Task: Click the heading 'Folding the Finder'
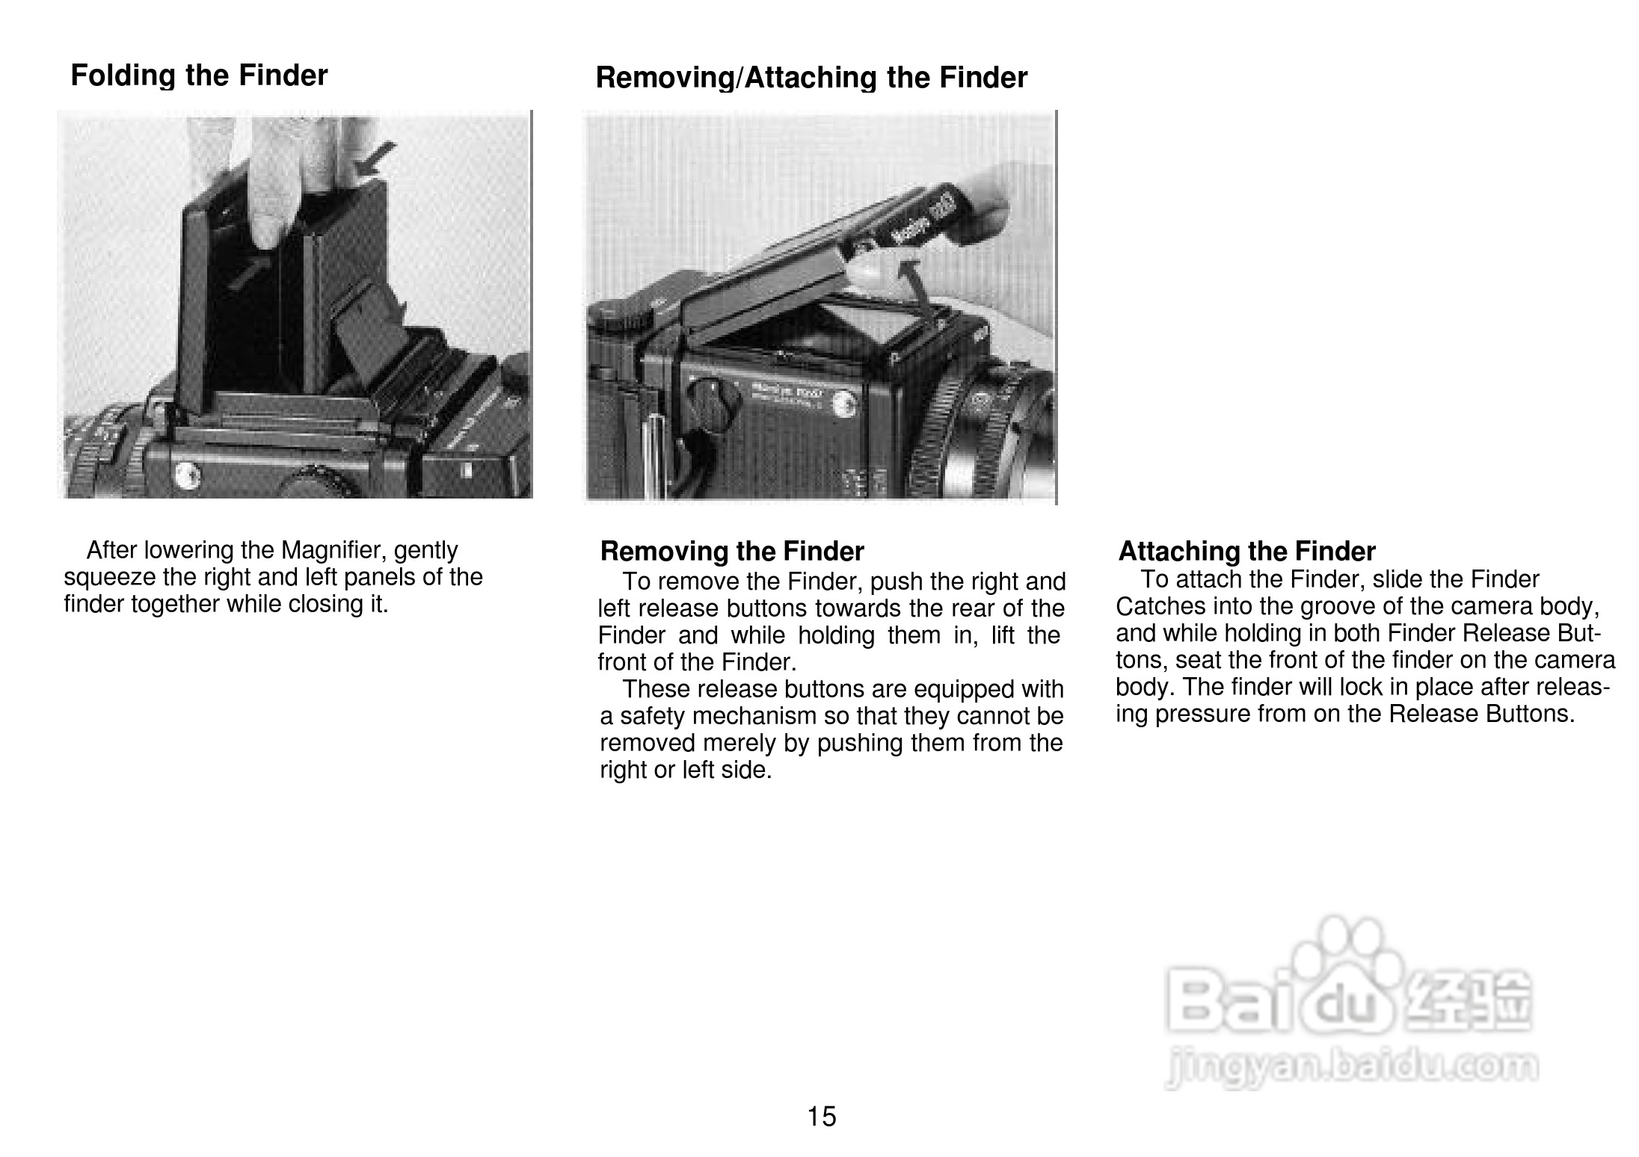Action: pos(199,76)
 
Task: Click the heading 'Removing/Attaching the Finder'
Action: pos(811,78)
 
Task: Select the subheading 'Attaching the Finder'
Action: pos(1246,552)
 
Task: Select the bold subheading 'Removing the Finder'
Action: pos(732,552)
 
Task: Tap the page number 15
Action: pos(822,1117)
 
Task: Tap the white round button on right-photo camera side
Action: pos(846,404)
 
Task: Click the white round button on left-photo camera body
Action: pos(184,473)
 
